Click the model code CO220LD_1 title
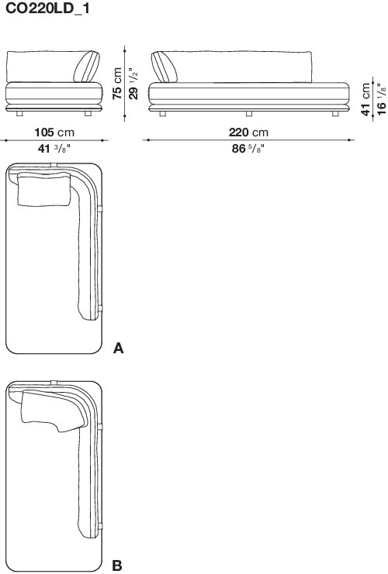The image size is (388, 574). click(x=47, y=8)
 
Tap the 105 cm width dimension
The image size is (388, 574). click(x=54, y=132)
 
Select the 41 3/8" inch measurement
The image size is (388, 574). click(x=54, y=149)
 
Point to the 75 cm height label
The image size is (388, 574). click(x=117, y=83)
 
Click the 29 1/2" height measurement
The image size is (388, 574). click(x=133, y=83)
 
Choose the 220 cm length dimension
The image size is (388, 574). click(x=248, y=132)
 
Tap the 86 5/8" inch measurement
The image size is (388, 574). click(x=248, y=149)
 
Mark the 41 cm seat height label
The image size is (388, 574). click(x=365, y=99)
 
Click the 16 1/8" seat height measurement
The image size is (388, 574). click(x=381, y=99)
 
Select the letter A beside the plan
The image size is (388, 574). click(x=119, y=348)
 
